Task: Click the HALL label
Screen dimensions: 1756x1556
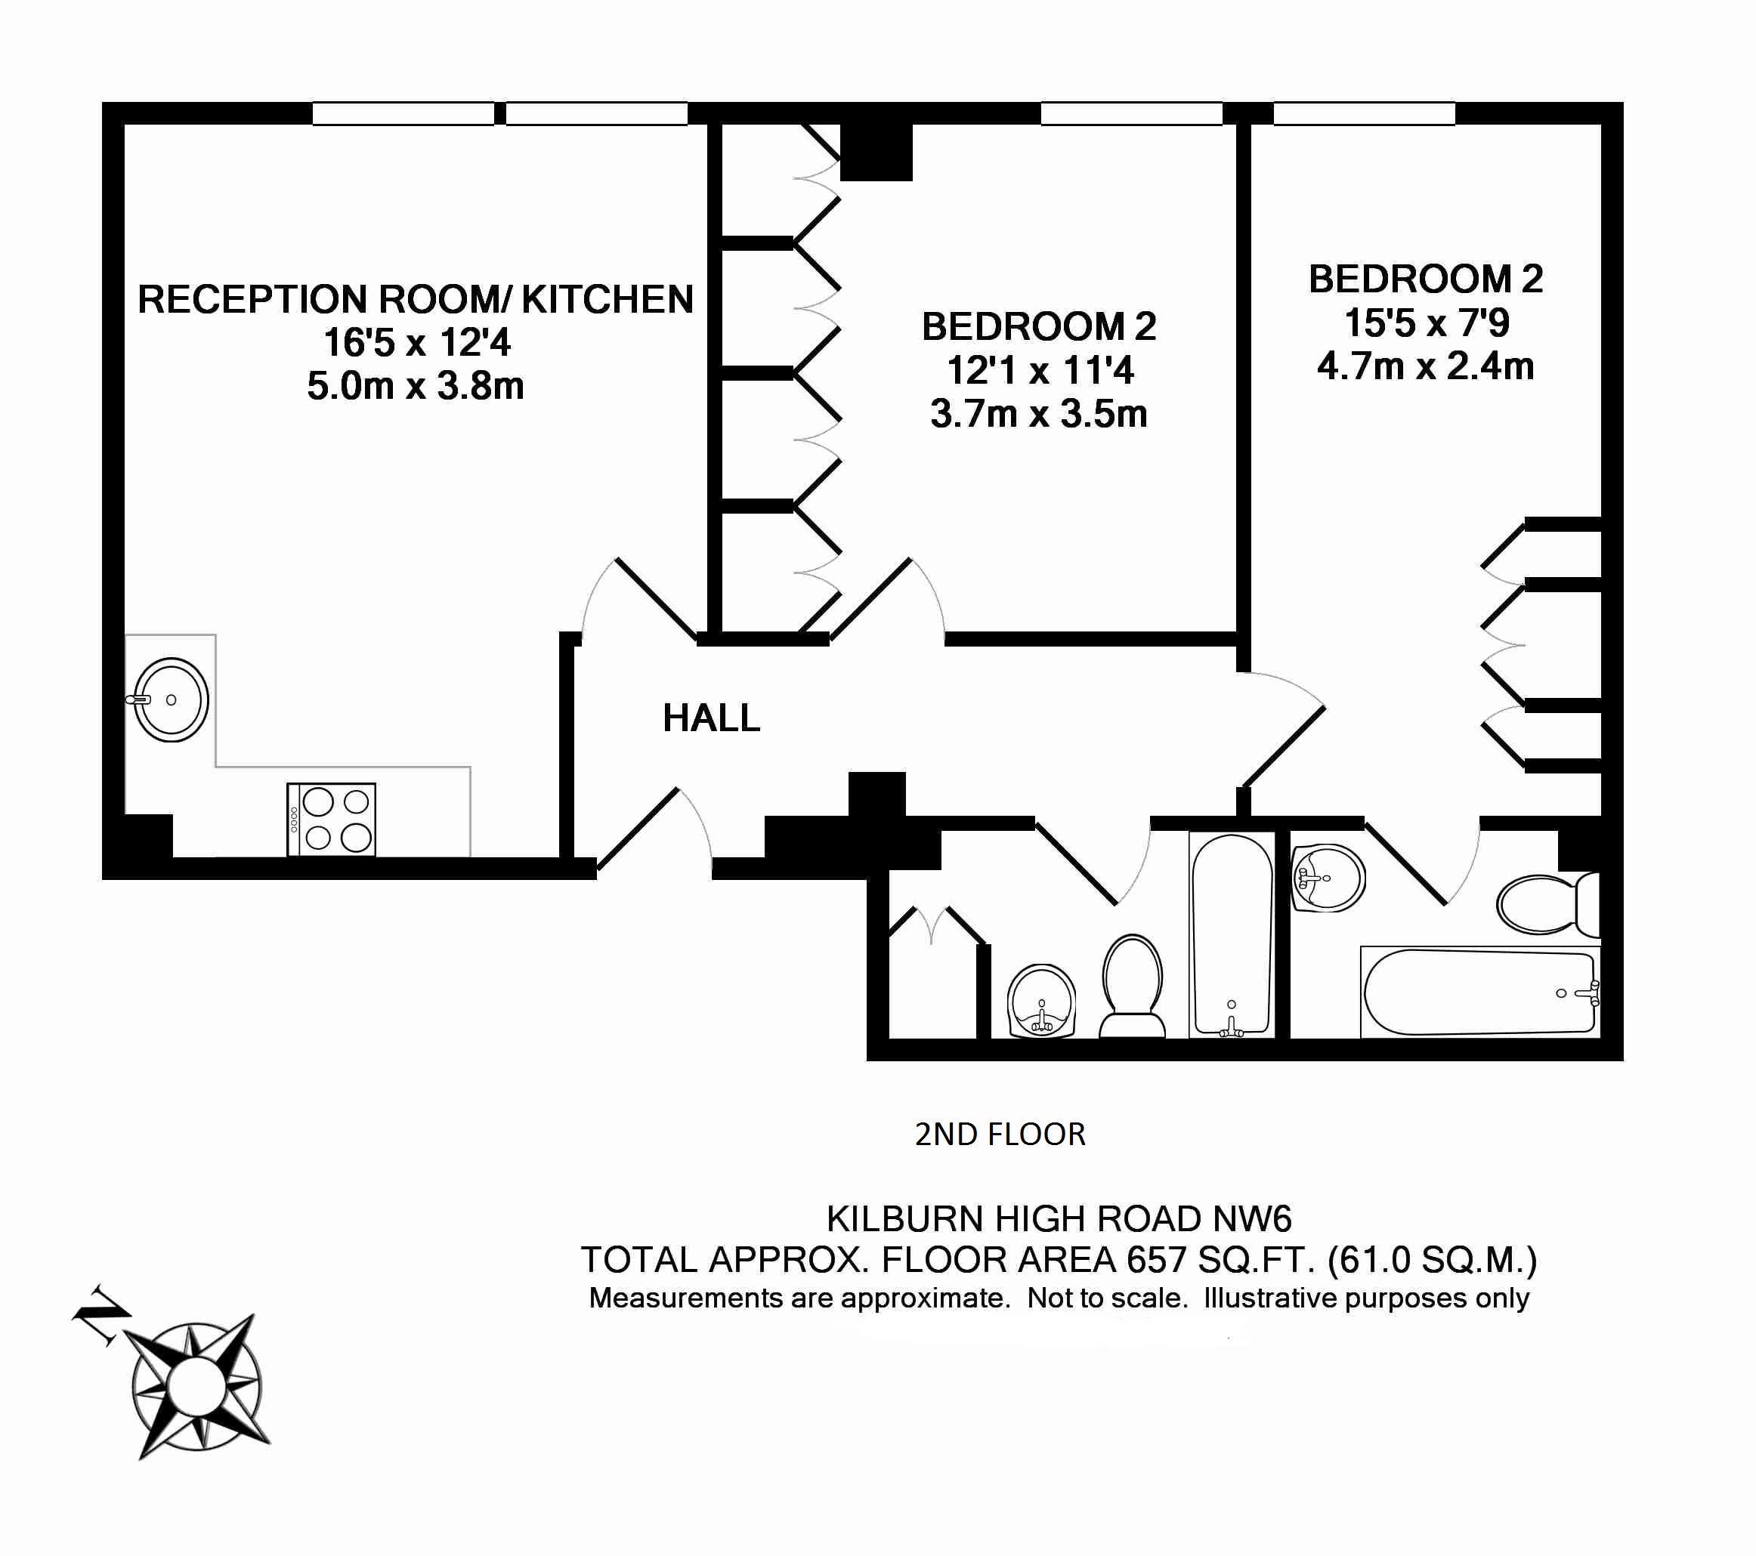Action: pos(711,718)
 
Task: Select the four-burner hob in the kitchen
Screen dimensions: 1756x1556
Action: pos(332,820)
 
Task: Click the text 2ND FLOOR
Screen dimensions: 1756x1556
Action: pos(1000,1135)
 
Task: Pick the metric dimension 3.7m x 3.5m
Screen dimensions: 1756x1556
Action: pos(1039,414)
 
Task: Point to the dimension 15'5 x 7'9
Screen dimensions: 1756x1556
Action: pos(1426,323)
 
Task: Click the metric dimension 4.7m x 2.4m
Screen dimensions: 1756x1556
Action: pos(1425,366)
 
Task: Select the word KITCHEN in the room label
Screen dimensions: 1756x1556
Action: pos(607,299)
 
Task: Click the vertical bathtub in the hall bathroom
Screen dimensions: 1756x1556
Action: pos(1231,934)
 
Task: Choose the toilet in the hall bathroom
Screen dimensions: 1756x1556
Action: pos(1133,986)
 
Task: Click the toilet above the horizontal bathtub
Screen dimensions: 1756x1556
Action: pos(1548,904)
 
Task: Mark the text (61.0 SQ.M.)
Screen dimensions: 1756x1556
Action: pos(1432,1260)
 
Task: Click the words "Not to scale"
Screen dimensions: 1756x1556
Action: pos(1108,1298)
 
